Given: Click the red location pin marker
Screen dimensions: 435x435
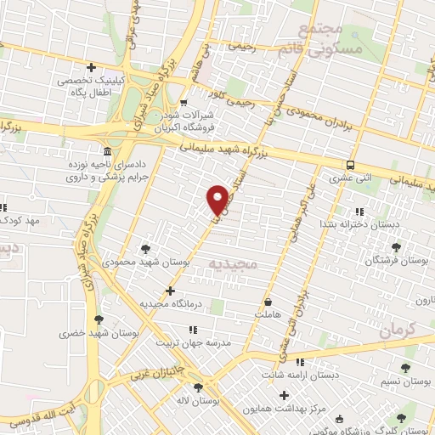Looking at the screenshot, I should tap(217, 199).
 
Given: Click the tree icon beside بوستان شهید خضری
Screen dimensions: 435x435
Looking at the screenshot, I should tap(99, 319).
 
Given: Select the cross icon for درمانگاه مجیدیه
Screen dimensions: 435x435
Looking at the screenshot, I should tap(171, 291).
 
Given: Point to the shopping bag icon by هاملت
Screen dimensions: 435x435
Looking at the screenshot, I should tap(268, 301).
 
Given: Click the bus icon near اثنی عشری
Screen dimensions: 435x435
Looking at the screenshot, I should tap(350, 166).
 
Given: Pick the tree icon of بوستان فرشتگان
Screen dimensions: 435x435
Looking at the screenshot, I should tap(395, 247).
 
